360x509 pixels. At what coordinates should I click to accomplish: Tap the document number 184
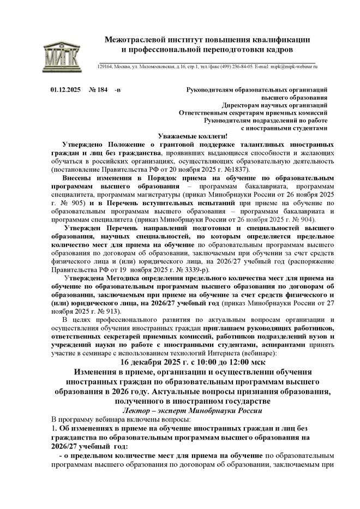pyautogui.click(x=102, y=89)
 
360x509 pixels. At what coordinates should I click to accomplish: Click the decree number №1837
pyautogui.click(x=237, y=170)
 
